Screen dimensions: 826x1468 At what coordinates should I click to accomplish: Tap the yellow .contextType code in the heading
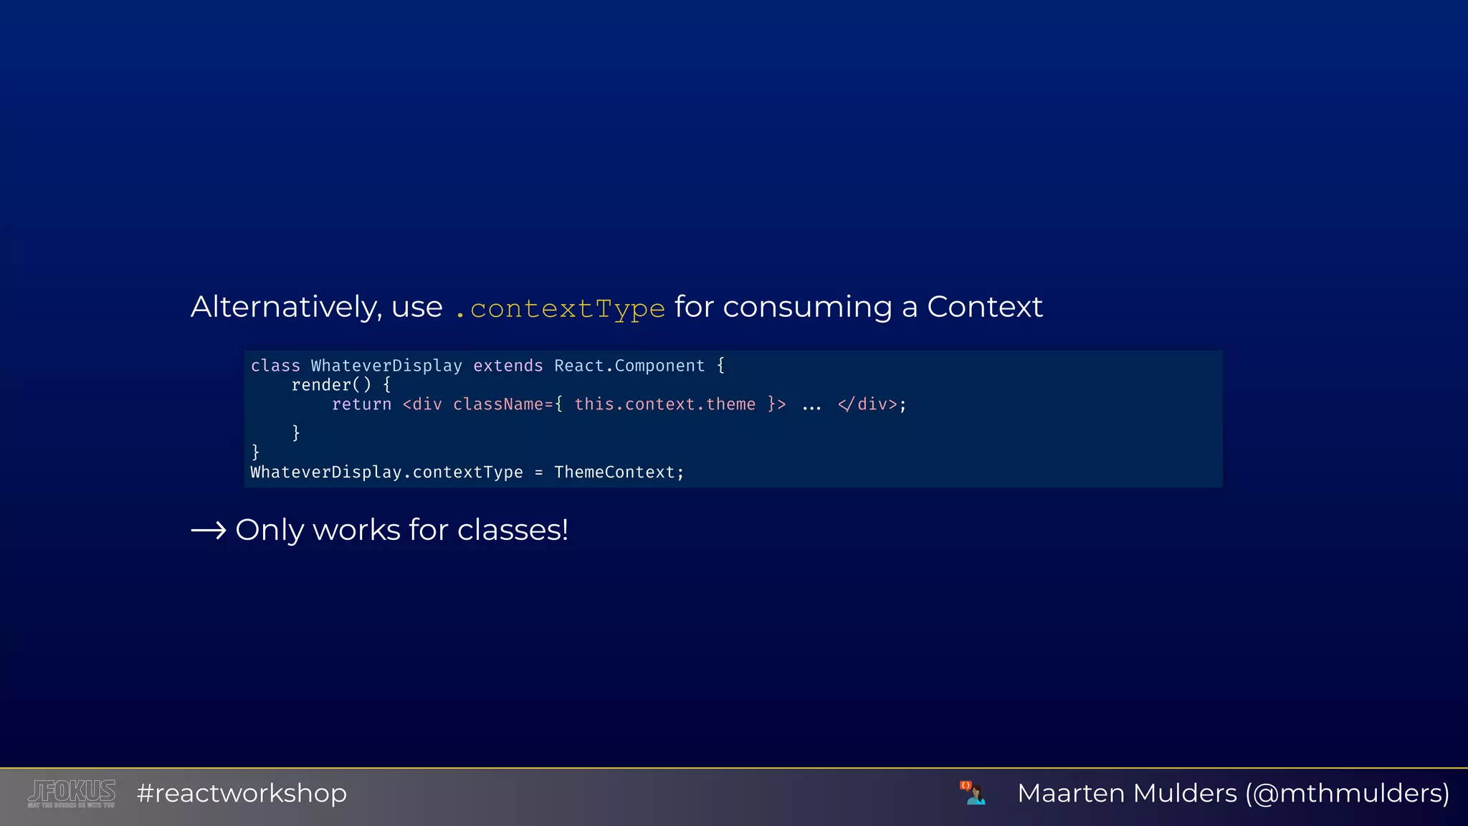click(x=560, y=308)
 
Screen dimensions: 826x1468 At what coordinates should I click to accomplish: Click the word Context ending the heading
click(x=984, y=307)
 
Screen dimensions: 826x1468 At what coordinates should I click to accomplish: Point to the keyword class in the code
click(x=275, y=366)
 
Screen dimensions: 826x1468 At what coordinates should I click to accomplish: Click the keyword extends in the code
click(x=507, y=366)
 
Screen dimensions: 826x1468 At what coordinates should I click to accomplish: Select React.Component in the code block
click(x=629, y=366)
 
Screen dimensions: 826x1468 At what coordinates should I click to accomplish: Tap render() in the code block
click(x=331, y=385)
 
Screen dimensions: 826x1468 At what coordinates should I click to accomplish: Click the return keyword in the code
click(x=361, y=404)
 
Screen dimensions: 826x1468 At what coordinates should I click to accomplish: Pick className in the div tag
click(x=497, y=404)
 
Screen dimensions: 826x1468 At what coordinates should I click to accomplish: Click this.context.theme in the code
click(x=664, y=404)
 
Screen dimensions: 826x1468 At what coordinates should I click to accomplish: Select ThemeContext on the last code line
click(x=614, y=473)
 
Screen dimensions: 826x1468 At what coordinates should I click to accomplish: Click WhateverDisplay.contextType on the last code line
click(x=386, y=473)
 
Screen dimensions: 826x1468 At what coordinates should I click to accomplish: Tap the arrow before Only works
click(x=209, y=531)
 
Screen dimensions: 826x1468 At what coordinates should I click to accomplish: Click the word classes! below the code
click(x=513, y=530)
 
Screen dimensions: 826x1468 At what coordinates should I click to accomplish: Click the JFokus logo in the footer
click(x=71, y=793)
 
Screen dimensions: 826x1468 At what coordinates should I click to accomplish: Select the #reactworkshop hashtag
click(x=242, y=793)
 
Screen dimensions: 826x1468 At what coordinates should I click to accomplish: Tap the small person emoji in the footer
click(x=973, y=793)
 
